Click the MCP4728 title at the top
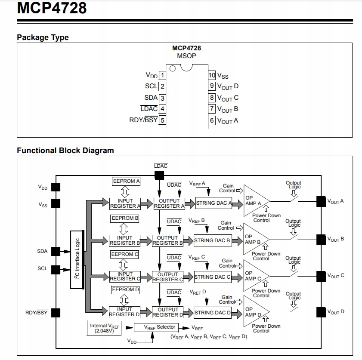click(52, 8)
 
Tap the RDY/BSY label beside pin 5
click(143, 120)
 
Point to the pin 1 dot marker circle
click(173, 68)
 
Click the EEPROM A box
click(126, 182)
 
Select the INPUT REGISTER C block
click(125, 276)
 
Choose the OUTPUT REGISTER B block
click(167, 240)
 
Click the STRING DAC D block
click(212, 313)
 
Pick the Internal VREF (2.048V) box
click(104, 328)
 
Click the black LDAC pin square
click(159, 175)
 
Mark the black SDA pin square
click(56, 251)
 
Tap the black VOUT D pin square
click(321, 311)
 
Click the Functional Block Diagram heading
click(65, 151)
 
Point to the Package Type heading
click(43, 37)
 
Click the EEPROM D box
click(125, 290)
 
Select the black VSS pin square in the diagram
click(56, 203)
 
